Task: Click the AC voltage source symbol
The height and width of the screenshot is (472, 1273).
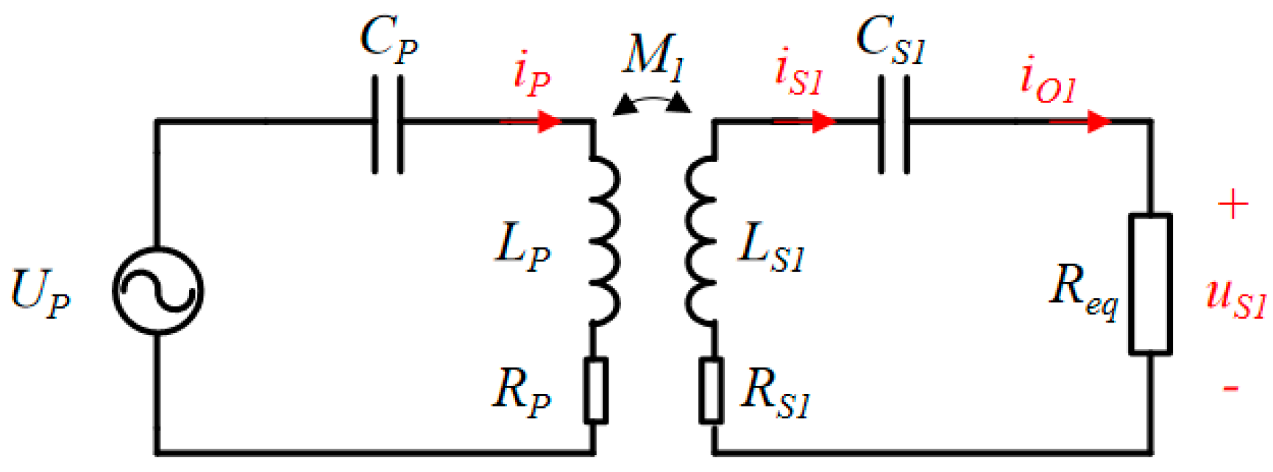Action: coord(157,292)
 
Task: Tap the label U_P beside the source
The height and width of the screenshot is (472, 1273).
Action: coord(40,293)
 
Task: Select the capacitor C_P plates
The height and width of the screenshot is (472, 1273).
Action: coord(388,124)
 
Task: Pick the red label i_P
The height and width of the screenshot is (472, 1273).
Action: coord(531,75)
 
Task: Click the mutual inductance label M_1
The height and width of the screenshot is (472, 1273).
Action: coord(653,55)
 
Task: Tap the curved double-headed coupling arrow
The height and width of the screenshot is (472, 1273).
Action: coord(652,103)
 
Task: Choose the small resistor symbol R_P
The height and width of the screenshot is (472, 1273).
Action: coord(595,390)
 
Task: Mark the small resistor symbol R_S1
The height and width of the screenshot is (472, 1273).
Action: coord(711,390)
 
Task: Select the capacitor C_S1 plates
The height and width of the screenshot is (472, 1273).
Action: coord(894,124)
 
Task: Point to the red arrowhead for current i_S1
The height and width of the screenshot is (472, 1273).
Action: coord(824,121)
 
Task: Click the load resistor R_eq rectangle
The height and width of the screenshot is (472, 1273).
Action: coord(1151,283)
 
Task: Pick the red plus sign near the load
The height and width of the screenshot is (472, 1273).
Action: coord(1233,204)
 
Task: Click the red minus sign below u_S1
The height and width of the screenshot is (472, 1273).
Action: coord(1230,388)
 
